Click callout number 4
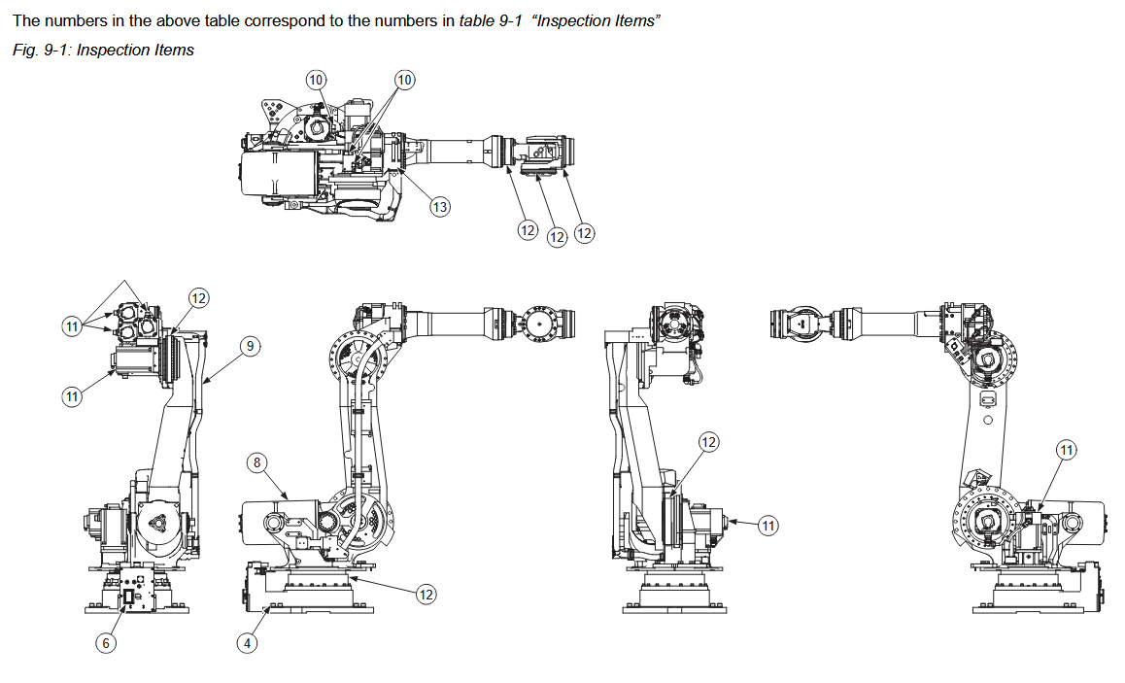[x=248, y=642]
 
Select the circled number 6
[x=107, y=642]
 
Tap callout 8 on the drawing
[x=257, y=463]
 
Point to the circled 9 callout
[x=250, y=346]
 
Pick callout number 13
[x=439, y=206]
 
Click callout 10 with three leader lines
[x=404, y=79]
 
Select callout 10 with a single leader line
[x=317, y=79]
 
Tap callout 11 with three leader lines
[x=71, y=327]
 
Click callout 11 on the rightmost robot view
[x=1067, y=449]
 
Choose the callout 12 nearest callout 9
[x=198, y=298]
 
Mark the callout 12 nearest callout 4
[x=426, y=594]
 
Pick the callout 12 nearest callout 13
[x=527, y=230]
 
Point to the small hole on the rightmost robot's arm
[x=987, y=421]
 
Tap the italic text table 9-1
[x=492, y=21]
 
